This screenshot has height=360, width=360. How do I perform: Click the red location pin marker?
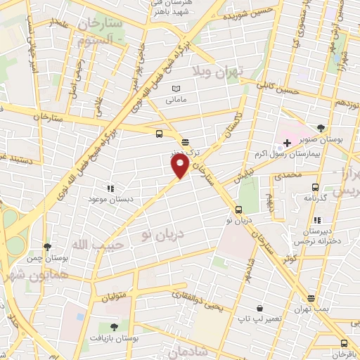coord(181,165)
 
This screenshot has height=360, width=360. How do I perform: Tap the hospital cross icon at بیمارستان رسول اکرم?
coord(288,143)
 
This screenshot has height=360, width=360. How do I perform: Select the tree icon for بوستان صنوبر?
coord(321,128)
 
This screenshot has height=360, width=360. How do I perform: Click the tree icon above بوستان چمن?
coord(47,247)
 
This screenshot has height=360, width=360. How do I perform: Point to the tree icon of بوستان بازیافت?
coord(113,327)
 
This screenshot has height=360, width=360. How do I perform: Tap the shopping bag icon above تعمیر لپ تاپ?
coord(259,308)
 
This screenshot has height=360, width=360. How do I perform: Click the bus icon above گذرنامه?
coord(314,187)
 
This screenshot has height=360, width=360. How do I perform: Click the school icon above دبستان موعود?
coord(110,188)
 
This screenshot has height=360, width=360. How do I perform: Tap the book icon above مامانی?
coord(176,88)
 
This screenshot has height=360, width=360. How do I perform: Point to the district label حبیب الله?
coord(99,245)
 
